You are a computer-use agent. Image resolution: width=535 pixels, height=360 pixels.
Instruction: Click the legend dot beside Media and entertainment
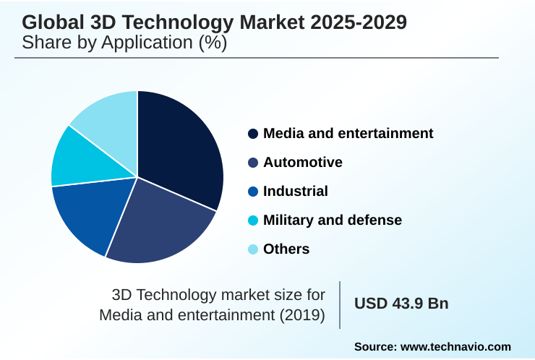253,134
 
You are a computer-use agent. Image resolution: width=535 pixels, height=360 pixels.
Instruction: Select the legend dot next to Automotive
253,163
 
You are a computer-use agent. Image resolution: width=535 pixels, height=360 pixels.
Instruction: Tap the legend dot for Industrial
253,192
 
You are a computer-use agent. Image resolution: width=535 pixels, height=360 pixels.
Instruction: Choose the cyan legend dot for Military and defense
253,220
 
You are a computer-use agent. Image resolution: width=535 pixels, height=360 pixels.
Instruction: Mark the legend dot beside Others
253,249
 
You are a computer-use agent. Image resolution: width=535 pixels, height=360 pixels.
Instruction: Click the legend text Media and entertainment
348,133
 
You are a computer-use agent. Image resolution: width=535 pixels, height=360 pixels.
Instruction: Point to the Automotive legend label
302,162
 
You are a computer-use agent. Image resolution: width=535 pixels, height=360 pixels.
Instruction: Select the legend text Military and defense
332,220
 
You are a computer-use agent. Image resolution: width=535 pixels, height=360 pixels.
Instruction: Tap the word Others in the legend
286,249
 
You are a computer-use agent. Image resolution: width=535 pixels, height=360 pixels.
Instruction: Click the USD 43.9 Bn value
401,304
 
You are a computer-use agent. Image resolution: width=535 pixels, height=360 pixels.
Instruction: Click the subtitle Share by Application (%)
124,43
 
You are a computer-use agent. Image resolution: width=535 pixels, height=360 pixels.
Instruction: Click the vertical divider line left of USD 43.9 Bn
340,304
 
